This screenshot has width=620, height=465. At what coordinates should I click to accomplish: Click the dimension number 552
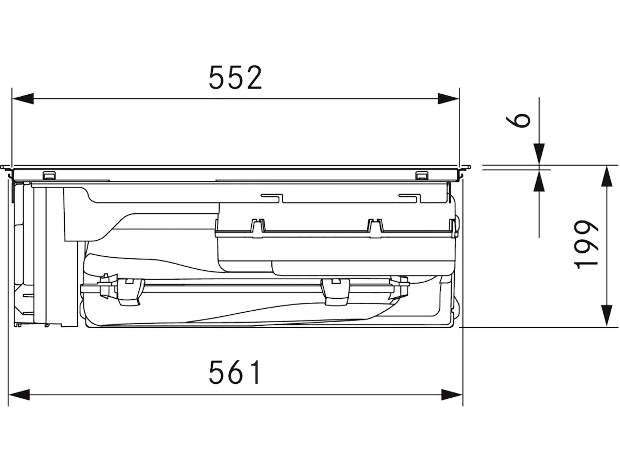tap(235, 78)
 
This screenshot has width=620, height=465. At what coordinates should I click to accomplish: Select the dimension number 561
tap(235, 372)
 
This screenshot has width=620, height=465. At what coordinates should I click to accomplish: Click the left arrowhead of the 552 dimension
tap(23, 98)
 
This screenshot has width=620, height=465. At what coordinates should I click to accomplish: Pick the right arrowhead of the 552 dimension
tap(449, 98)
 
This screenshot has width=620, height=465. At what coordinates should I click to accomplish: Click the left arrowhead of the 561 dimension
tap(19, 394)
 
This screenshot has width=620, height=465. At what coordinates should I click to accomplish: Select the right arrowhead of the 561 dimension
tap(452, 394)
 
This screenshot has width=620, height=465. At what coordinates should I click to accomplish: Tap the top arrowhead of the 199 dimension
tap(607, 177)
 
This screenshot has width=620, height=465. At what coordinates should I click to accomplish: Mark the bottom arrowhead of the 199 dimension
tap(607, 316)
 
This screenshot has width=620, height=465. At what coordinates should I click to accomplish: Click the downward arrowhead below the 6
tap(539, 154)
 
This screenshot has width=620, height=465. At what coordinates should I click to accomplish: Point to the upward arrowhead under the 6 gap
tap(539, 181)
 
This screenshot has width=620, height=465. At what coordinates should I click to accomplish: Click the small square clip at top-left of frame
tap(49, 175)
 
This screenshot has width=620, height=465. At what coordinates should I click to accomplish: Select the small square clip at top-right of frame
tap(421, 175)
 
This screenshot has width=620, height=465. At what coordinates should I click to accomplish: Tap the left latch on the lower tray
tap(129, 292)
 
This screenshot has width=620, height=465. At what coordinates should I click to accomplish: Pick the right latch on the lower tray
tap(336, 292)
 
